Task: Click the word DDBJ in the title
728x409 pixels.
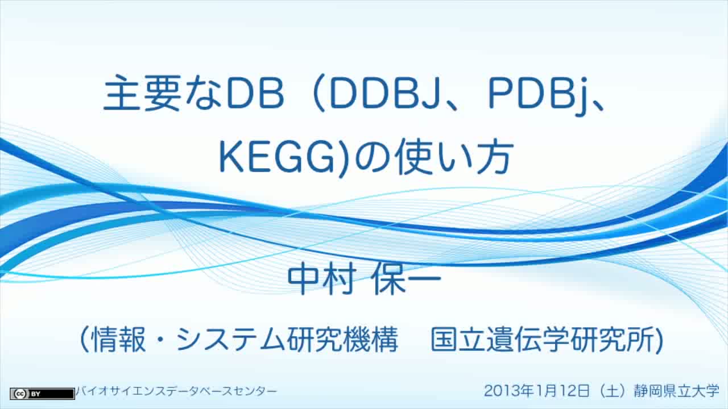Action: (384, 94)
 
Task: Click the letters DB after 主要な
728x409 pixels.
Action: (255, 94)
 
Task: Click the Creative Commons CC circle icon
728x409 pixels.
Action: (20, 394)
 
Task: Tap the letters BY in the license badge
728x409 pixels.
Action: (35, 394)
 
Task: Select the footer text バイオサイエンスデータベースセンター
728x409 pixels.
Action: (176, 391)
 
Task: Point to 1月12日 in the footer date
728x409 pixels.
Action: (563, 390)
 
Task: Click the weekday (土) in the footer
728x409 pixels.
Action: (611, 391)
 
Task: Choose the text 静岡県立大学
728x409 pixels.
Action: (677, 390)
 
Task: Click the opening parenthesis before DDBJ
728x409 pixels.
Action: (320, 94)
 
